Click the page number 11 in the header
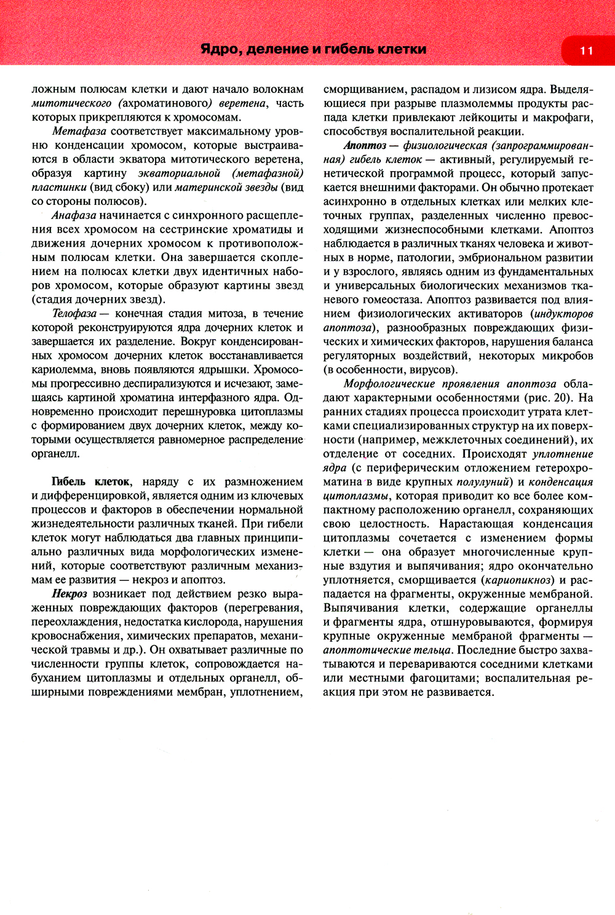coord(585,50)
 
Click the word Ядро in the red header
coord(220,49)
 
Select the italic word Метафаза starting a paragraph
coord(79,131)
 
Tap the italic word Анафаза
coord(74,215)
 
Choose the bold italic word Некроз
coord(69,594)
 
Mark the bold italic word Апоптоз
coord(365,145)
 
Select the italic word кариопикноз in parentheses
coord(517,580)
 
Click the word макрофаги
coord(561,118)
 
